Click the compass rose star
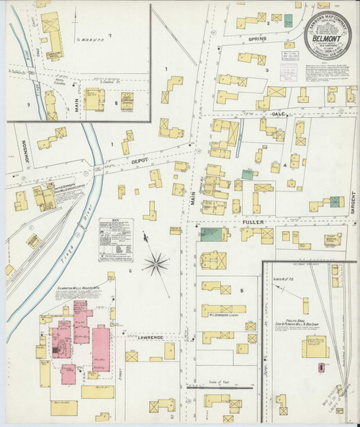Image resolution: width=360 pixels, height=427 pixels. click(x=154, y=266)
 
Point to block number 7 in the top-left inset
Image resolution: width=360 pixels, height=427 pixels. click(x=109, y=35)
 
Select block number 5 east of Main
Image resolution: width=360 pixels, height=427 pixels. click(x=242, y=290)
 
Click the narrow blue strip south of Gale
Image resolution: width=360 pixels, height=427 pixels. click(x=239, y=130)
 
